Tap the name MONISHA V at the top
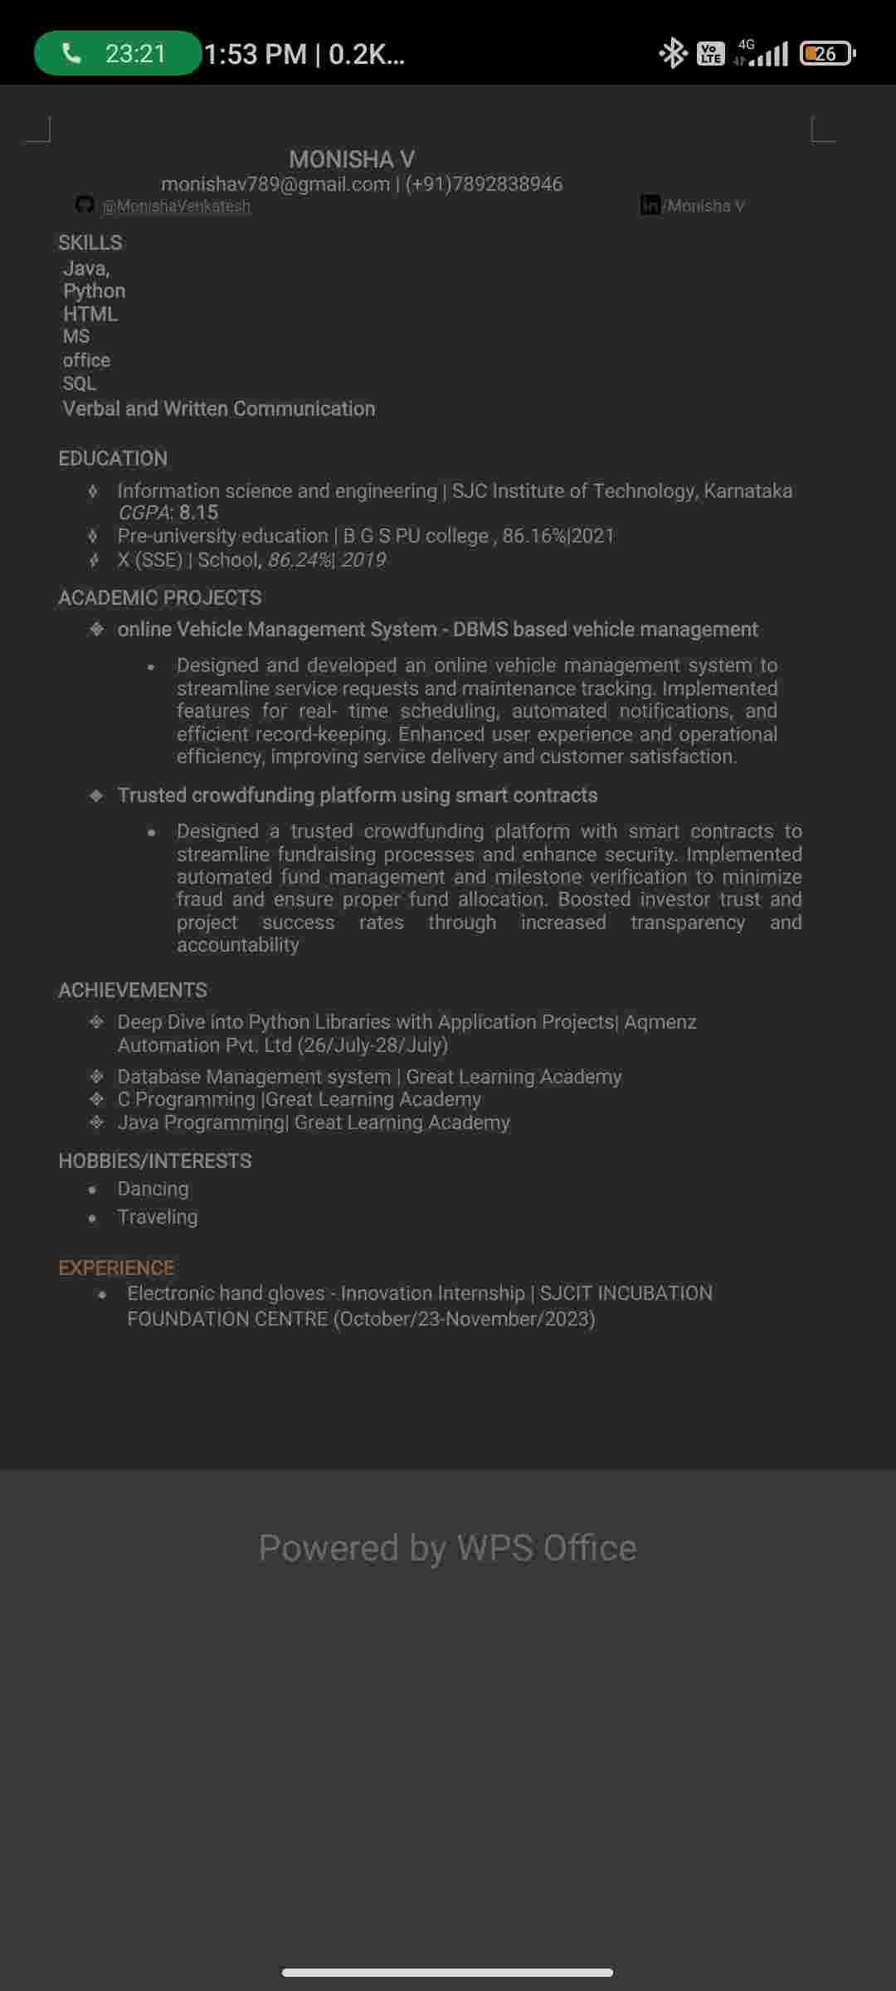352,158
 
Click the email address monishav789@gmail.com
275,184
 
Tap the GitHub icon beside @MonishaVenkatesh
85,204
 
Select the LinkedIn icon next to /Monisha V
650,205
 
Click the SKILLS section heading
90,242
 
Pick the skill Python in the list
95,291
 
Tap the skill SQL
80,383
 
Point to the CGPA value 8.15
198,513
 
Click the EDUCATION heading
113,458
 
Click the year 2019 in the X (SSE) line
363,560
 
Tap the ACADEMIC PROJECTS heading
159,597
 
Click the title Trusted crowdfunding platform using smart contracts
358,795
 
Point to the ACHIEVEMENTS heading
133,990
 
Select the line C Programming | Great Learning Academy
299,1099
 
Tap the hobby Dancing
153,1189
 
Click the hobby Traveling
158,1217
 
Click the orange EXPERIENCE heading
116,1268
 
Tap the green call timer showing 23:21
118,54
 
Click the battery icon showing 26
826,54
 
